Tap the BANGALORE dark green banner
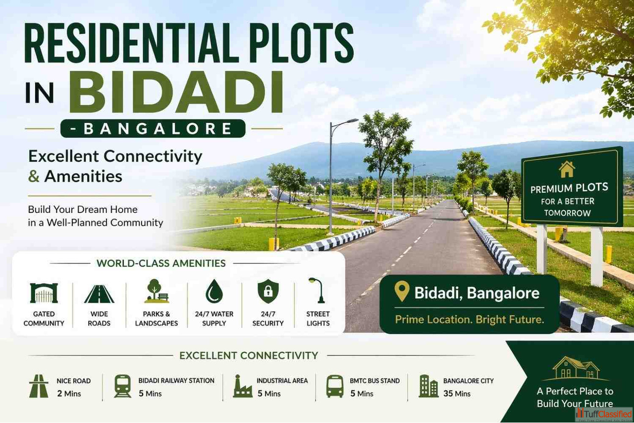[x=153, y=129]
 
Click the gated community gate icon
[x=44, y=293]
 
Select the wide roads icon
[x=99, y=294]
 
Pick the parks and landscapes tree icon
[x=156, y=291]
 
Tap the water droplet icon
[x=214, y=291]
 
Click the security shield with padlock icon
[x=268, y=291]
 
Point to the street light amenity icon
[x=317, y=290]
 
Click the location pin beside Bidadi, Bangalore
[x=402, y=291]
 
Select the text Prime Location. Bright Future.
[x=469, y=319]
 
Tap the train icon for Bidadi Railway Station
[x=122, y=386]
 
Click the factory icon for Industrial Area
[x=242, y=386]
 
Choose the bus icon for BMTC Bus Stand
[x=335, y=386]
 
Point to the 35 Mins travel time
[x=457, y=394]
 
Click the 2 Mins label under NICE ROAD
[x=69, y=394]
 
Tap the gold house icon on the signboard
[x=567, y=169]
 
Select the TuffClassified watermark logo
[x=604, y=415]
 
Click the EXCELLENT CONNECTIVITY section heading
[x=249, y=356]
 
